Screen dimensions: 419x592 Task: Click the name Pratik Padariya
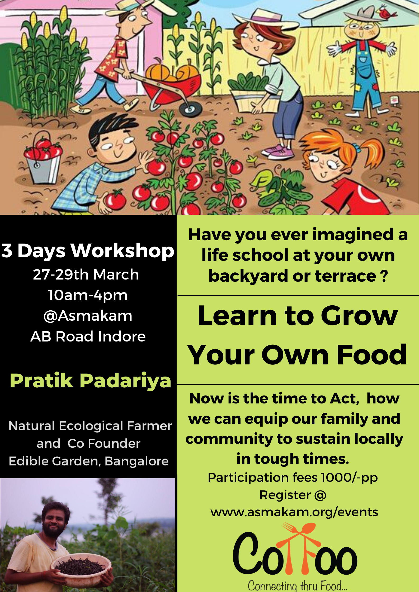[x=91, y=381]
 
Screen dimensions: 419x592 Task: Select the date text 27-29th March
[x=86, y=275]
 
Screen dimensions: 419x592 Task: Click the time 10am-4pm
[x=88, y=295]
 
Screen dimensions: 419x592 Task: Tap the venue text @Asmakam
[x=88, y=316]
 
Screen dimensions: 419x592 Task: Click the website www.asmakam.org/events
[x=294, y=512]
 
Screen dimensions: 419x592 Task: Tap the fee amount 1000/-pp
[x=349, y=478]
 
